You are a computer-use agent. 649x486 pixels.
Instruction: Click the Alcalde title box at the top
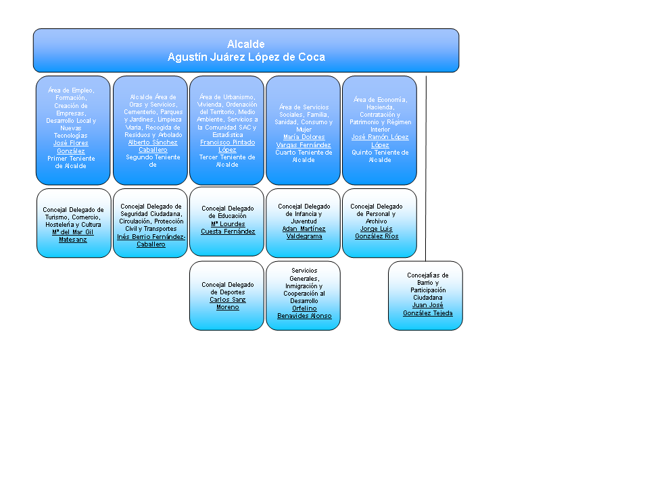pos(246,51)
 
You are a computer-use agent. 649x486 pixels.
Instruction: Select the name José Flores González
pos(72,146)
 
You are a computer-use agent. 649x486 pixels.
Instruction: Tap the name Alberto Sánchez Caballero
pos(153,146)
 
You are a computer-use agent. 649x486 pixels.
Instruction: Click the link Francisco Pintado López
pos(227,146)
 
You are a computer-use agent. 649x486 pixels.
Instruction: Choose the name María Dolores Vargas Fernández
pos(304,140)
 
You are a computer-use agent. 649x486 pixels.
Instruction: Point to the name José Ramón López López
pos(379,140)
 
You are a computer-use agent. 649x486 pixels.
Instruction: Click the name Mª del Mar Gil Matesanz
pos(73,236)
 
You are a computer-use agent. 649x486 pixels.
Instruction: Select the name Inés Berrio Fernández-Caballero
pos(151,240)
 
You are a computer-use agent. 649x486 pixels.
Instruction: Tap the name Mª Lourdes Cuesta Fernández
pos(228,227)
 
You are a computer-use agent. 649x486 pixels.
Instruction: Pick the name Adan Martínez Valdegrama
pos(304,232)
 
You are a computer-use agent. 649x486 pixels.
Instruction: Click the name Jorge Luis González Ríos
pos(377,232)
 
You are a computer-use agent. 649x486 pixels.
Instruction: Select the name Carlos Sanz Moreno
pos(228,303)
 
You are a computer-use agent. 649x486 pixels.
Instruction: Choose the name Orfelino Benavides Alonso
pos(304,312)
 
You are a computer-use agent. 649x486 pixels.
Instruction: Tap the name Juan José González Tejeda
pos(427,308)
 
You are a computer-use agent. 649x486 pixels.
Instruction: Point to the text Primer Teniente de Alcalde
pos(72,162)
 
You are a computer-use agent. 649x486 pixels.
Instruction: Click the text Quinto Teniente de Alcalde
pos(379,156)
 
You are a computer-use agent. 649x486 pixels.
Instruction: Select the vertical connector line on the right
pos(426,169)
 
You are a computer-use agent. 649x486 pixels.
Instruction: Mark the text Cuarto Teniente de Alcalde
pos(304,156)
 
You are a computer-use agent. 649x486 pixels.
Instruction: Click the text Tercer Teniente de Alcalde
pos(227,161)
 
